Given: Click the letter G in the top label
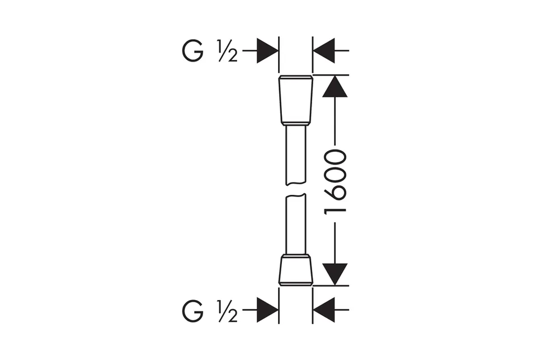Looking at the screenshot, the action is tap(193, 51).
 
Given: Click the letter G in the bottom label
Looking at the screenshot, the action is tap(193, 311).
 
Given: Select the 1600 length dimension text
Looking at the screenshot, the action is tap(335, 181).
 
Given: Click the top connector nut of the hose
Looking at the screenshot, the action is tap(296, 100).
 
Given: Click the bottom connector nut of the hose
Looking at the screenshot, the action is tap(296, 270).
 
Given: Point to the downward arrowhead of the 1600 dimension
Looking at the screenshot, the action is tap(335, 274).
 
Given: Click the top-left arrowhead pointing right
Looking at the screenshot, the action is tap(267, 51).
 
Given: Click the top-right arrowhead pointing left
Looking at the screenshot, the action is tap(324, 51).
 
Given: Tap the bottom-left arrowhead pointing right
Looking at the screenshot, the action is tap(267, 310).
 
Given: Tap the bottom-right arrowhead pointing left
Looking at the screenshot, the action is tap(324, 310).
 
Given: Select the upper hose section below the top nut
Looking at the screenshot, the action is tap(295, 156).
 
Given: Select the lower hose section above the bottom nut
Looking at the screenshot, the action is tap(295, 225).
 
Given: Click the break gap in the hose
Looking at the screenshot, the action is tap(295, 190).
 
